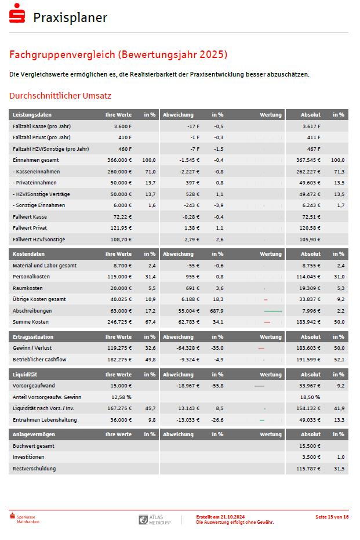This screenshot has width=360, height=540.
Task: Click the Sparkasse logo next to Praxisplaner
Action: pyautogui.click(x=17, y=16)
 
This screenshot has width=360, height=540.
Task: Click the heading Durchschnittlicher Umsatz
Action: pyautogui.click(x=60, y=96)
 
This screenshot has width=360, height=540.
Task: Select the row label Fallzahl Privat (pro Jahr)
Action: pyautogui.click(x=42, y=137)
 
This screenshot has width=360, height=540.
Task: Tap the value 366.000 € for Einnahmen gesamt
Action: pyautogui.click(x=119, y=160)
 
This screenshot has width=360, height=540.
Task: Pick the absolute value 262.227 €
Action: pyautogui.click(x=308, y=172)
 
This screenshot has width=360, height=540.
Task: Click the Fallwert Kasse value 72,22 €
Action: pyautogui.click(x=121, y=217)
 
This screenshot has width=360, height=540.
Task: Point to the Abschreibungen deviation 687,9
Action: pyautogui.click(x=217, y=311)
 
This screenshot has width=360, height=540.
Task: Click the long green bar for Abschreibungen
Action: pyautogui.click(x=272, y=311)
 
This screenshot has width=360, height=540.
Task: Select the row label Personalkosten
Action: pyautogui.click(x=31, y=277)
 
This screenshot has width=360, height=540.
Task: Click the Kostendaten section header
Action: pyautogui.click(x=29, y=254)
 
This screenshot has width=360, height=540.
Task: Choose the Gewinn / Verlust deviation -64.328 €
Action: pyautogui.click(x=188, y=348)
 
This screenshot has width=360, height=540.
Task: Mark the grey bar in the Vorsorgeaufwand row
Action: pyautogui.click(x=259, y=386)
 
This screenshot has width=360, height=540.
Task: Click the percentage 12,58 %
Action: pyautogui.click(x=121, y=397)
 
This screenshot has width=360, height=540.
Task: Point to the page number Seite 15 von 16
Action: pyautogui.click(x=332, y=517)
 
